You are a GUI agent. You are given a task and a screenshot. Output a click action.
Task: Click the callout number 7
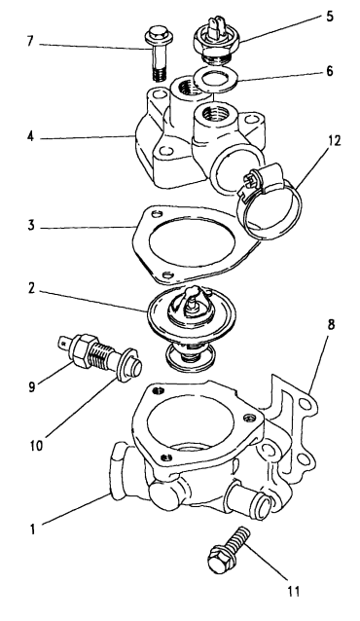point(30,42)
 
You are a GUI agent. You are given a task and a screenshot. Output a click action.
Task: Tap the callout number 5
point(330,17)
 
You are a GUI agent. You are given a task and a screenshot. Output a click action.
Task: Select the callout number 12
point(334,140)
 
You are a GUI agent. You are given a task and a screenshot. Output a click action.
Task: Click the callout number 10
point(36,446)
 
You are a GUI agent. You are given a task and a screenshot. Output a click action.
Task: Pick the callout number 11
point(294,591)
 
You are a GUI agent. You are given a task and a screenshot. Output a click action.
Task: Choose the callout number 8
point(331,324)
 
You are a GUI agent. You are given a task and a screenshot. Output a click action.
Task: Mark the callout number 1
point(33,530)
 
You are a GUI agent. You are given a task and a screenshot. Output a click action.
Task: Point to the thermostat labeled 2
point(191,325)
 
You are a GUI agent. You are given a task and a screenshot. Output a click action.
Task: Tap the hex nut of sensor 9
point(83,348)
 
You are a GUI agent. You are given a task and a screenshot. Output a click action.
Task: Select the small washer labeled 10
point(126,365)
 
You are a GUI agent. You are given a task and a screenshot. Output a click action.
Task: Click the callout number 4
point(30,136)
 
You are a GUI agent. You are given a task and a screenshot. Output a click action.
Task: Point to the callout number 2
point(31,289)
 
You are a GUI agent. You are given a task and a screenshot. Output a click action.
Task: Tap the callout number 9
point(31,386)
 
